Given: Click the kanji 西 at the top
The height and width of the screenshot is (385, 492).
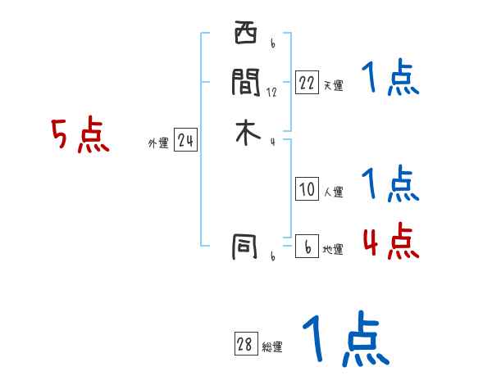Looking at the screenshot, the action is (245, 34).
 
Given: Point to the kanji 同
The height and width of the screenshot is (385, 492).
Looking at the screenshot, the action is (245, 245).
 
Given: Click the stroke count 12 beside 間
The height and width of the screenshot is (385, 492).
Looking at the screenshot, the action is (271, 93).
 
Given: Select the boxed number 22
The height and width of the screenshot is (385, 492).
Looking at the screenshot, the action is (307, 83).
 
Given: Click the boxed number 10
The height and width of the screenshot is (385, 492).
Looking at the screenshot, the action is (307, 190).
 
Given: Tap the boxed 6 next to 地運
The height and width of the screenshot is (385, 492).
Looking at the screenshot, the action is (307, 247).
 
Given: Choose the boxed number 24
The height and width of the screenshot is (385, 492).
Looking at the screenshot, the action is (185, 142).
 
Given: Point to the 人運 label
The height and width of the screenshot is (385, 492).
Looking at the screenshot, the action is (333, 193).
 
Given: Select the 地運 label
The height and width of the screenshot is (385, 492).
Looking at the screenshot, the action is (333, 250).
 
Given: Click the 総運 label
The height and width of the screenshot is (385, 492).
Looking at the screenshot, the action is (272, 347).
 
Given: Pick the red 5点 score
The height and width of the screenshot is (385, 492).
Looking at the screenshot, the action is (80, 135).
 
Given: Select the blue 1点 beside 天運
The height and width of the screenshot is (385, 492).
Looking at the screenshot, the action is (390, 79).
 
